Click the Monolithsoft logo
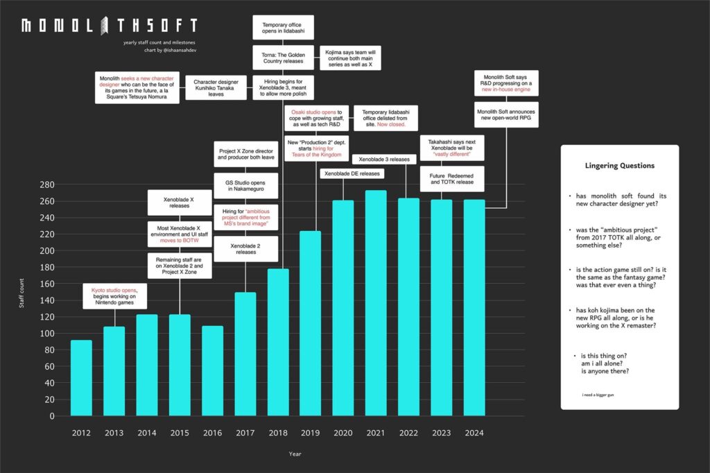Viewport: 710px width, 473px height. click(109, 26)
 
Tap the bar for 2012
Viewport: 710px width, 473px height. click(81, 378)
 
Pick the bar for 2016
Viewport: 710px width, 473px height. click(212, 371)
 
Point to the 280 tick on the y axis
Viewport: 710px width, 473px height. click(47, 184)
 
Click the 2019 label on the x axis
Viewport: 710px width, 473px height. click(310, 433)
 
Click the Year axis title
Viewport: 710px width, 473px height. click(295, 455)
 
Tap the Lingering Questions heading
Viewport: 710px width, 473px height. click(619, 166)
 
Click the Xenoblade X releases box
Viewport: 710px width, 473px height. click(180, 203)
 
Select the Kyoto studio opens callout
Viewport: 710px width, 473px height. click(114, 295)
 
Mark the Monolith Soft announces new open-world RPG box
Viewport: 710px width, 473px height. click(505, 114)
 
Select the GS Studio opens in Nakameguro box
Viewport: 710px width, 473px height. click(245, 187)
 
